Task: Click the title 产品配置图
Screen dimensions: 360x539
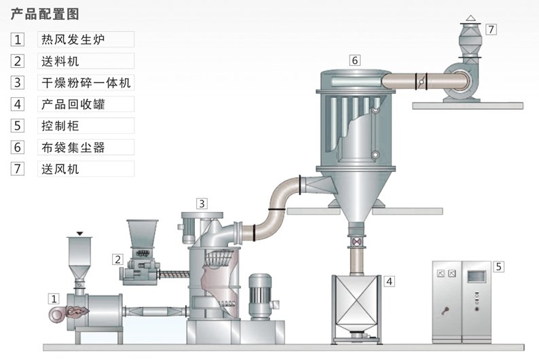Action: click(x=41, y=14)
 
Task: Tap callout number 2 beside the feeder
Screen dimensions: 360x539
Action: click(x=117, y=259)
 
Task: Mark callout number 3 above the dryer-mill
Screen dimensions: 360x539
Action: click(x=202, y=203)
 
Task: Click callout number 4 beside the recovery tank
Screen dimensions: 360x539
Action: click(x=388, y=281)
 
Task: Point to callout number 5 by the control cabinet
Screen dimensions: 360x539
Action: click(x=498, y=266)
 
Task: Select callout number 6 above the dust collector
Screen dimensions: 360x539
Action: click(x=354, y=60)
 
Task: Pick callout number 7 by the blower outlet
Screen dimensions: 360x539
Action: click(x=491, y=29)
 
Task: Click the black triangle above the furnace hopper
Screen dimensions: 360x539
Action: click(x=80, y=234)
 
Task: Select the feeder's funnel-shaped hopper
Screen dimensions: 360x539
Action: click(x=143, y=235)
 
